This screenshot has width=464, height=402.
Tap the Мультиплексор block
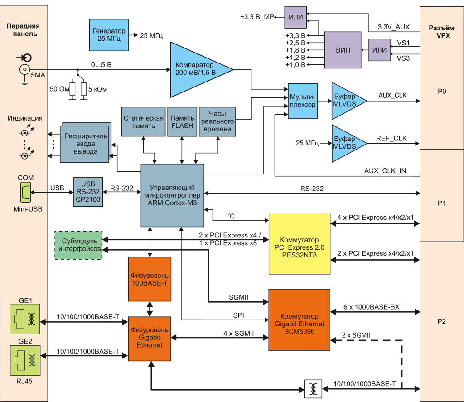[x=303, y=101]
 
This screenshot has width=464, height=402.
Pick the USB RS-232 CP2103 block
[x=88, y=192]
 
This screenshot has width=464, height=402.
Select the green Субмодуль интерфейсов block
[x=78, y=245]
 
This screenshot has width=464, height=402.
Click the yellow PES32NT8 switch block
[x=299, y=243]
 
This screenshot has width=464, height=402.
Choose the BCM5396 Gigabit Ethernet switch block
[x=299, y=320]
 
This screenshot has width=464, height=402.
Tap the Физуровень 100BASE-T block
[x=150, y=279]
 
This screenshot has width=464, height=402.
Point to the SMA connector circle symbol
[x=24, y=69]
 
